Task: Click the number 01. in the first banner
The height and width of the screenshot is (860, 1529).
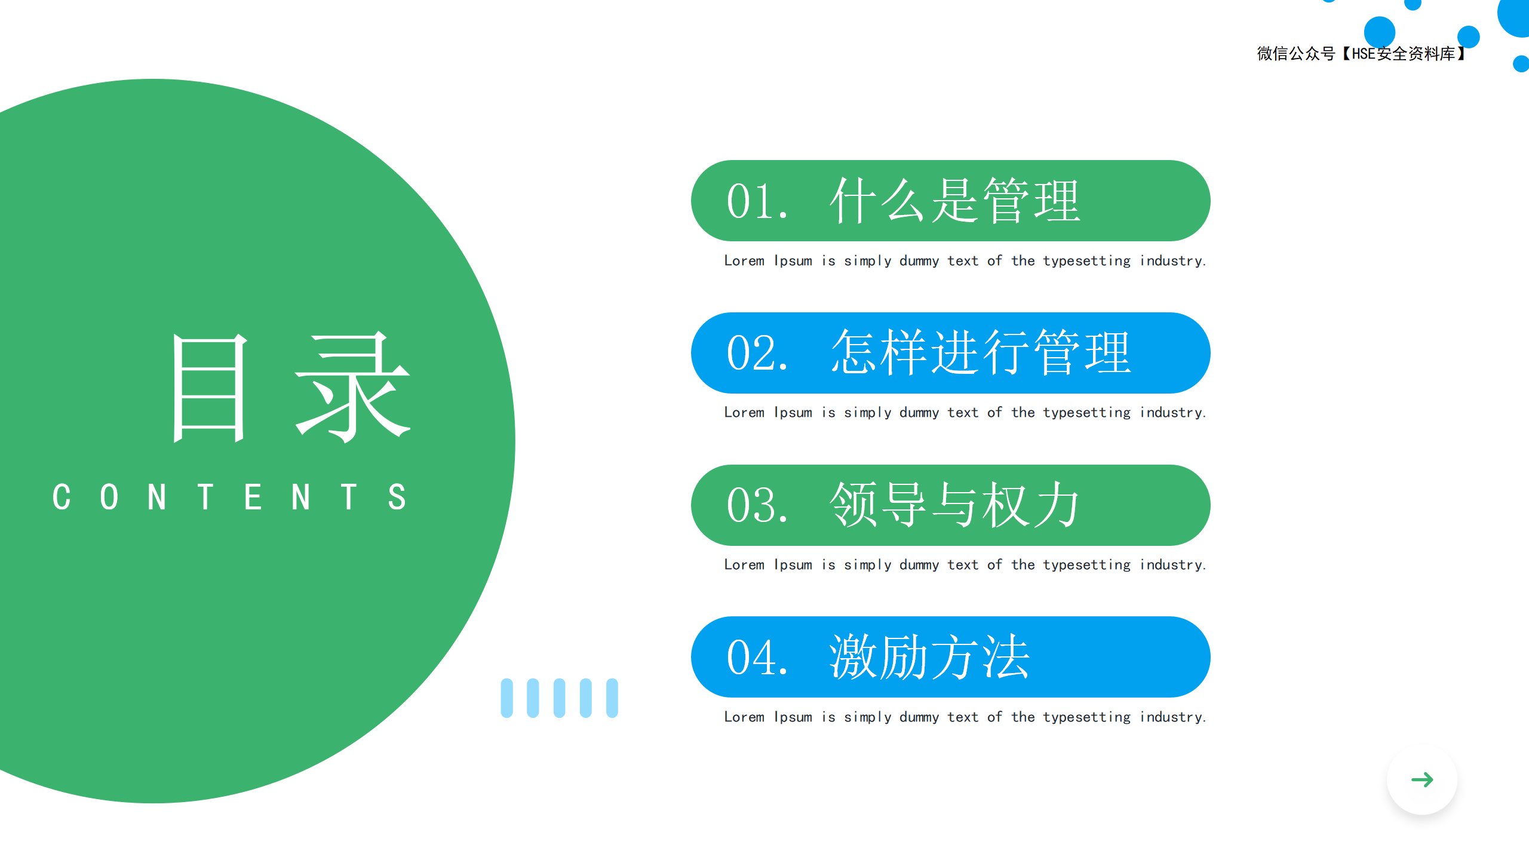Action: coord(757,202)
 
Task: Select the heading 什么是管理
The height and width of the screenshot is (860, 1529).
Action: coord(955,201)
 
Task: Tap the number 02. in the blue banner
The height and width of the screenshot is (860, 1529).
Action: coord(757,354)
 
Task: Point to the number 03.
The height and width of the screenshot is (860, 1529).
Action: coord(757,506)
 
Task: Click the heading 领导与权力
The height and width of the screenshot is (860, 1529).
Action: coord(954,505)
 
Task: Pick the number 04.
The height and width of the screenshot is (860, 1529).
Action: coord(757,658)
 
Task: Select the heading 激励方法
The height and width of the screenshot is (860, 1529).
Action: coord(929,657)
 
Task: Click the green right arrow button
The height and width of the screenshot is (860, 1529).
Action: coord(1422,779)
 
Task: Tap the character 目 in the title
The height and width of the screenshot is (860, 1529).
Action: coord(209,388)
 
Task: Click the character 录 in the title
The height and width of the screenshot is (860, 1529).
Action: coord(353,388)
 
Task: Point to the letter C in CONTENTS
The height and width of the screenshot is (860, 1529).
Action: coord(62,497)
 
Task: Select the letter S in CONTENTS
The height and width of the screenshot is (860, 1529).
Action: coord(397,497)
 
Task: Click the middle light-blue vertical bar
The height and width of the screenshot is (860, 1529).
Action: coord(559,698)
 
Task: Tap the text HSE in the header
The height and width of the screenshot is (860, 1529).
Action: coord(1364,54)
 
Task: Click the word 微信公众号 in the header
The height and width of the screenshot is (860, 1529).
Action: coord(1296,54)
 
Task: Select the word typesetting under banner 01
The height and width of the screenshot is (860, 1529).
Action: coord(1087,262)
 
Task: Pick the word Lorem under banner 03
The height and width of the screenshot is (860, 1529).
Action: coord(744,565)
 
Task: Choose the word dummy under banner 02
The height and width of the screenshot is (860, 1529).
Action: coord(919,413)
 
